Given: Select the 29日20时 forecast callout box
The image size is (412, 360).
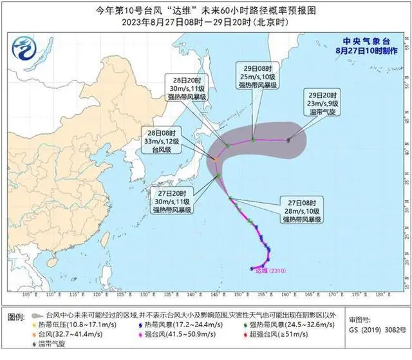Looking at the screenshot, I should (x=328, y=120).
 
